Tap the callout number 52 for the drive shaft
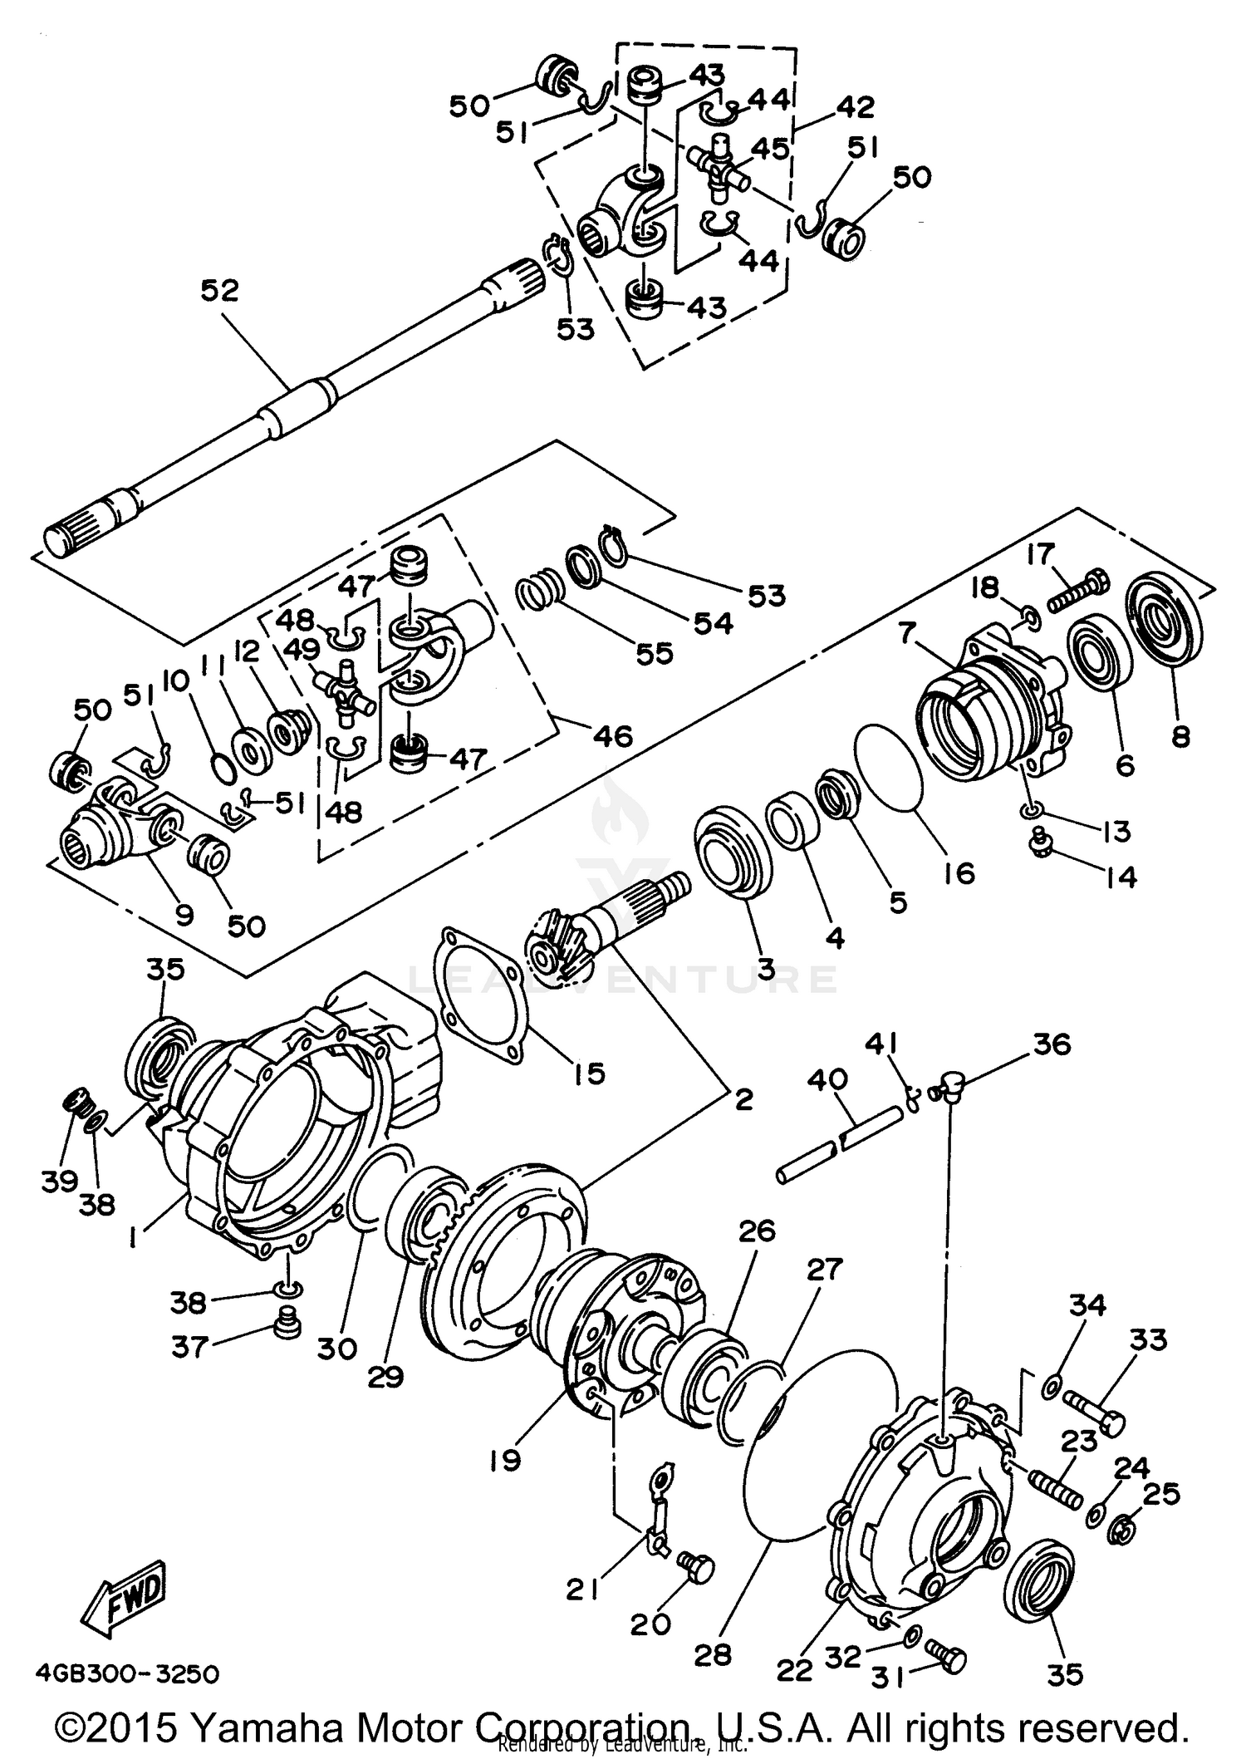[x=219, y=290]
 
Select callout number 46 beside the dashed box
[x=613, y=735]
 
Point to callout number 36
[x=1052, y=1044]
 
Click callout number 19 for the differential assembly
[x=505, y=1482]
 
